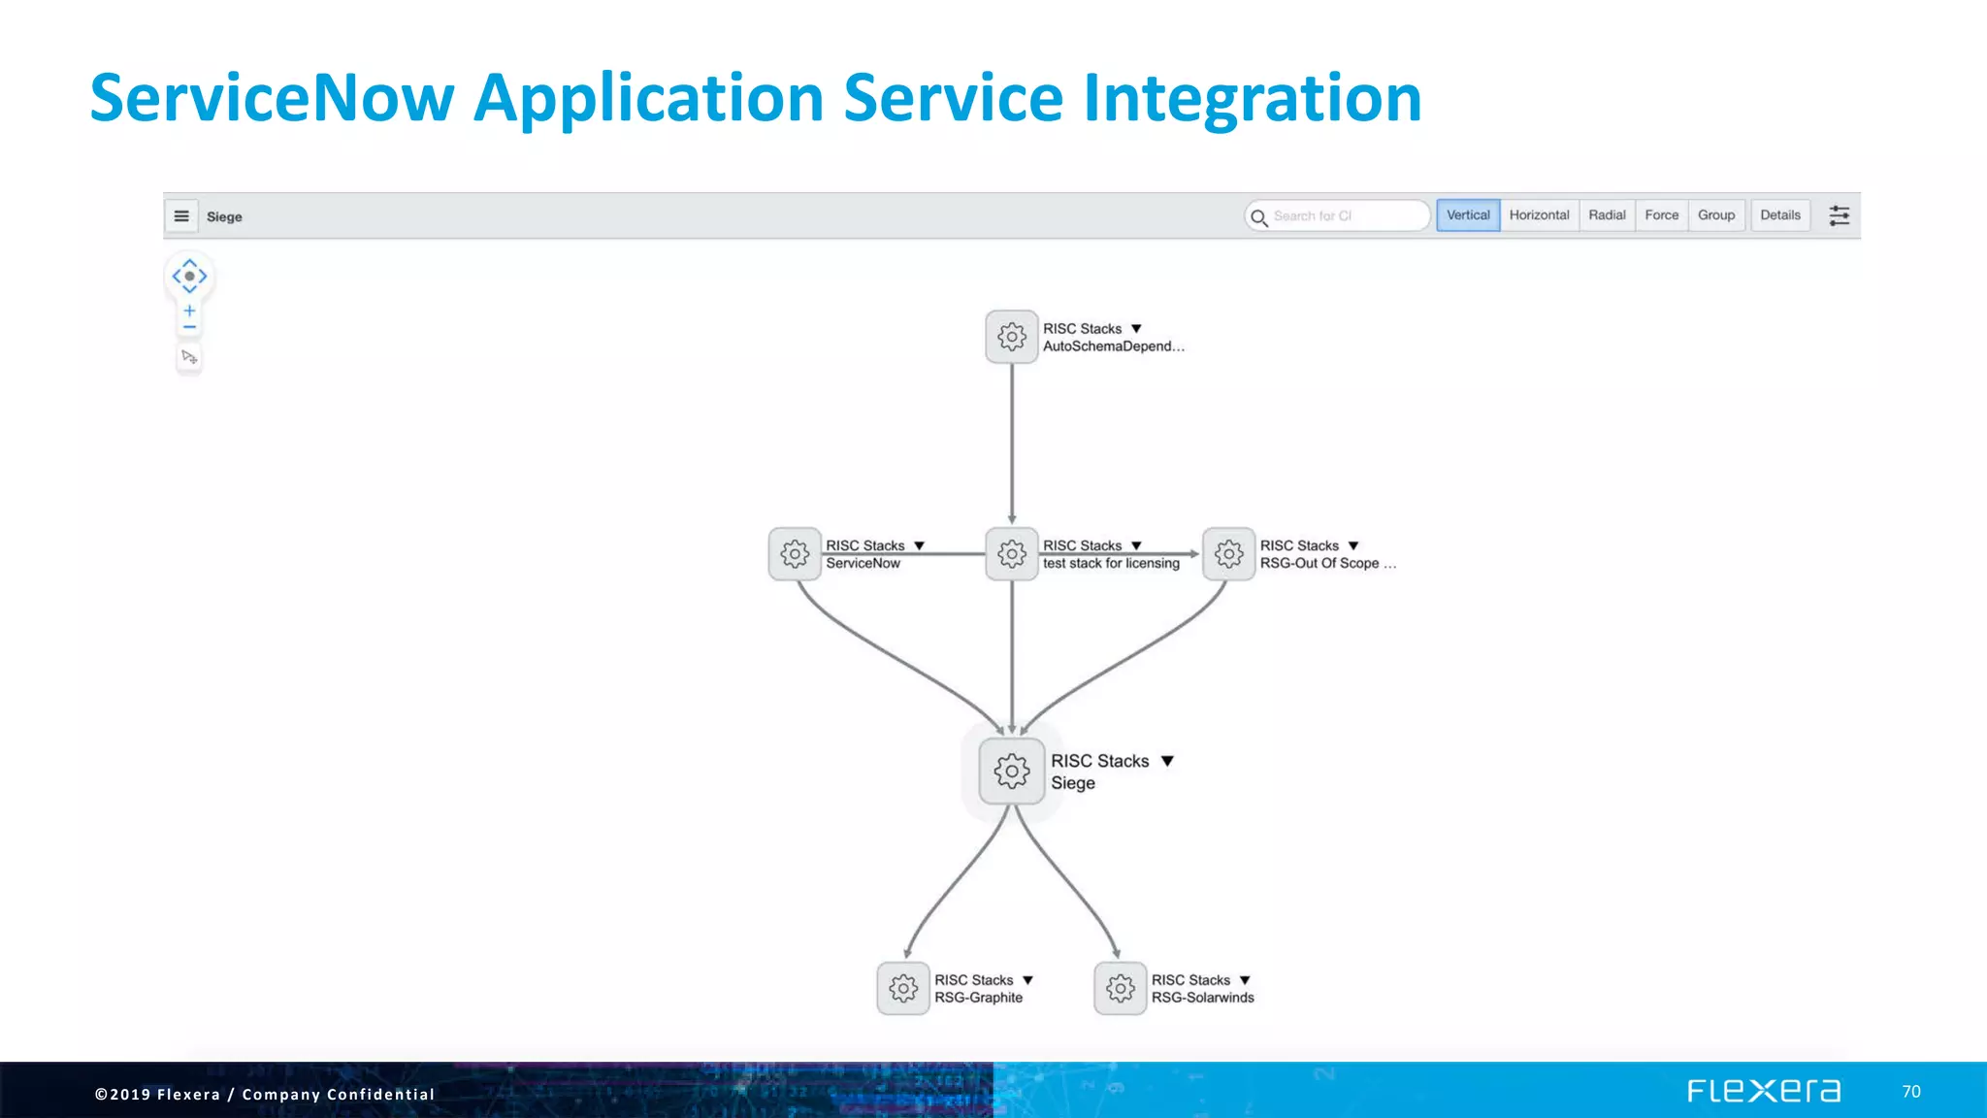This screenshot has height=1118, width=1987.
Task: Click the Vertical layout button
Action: coord(1468,215)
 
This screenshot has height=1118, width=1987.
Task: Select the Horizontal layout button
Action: coord(1539,215)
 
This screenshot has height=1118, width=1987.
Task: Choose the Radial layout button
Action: coord(1607,215)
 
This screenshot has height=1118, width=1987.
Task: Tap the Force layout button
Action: coord(1661,215)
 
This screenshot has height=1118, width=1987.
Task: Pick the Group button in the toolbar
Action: coord(1715,215)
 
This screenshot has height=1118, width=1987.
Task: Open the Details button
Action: coord(1779,215)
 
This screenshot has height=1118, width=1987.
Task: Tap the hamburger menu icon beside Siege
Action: coord(181,216)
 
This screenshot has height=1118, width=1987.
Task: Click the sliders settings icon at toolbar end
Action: coord(1839,215)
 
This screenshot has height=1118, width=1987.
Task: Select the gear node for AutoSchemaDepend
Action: coord(1011,337)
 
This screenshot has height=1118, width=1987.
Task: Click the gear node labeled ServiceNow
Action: coord(795,554)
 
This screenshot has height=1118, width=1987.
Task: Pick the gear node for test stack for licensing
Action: coord(1011,554)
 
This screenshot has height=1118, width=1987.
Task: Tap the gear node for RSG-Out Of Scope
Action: coord(1228,554)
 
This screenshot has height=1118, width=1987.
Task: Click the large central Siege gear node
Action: coord(1011,772)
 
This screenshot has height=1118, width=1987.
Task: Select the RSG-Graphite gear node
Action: coord(902,989)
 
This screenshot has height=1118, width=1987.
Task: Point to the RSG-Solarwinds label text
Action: coord(1202,998)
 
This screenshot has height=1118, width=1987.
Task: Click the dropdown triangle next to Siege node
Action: coord(1167,761)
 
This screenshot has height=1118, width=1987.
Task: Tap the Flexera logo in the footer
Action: coord(1763,1091)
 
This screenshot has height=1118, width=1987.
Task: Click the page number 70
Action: coord(1910,1092)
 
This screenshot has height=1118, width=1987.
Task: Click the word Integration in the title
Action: coord(1252,98)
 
